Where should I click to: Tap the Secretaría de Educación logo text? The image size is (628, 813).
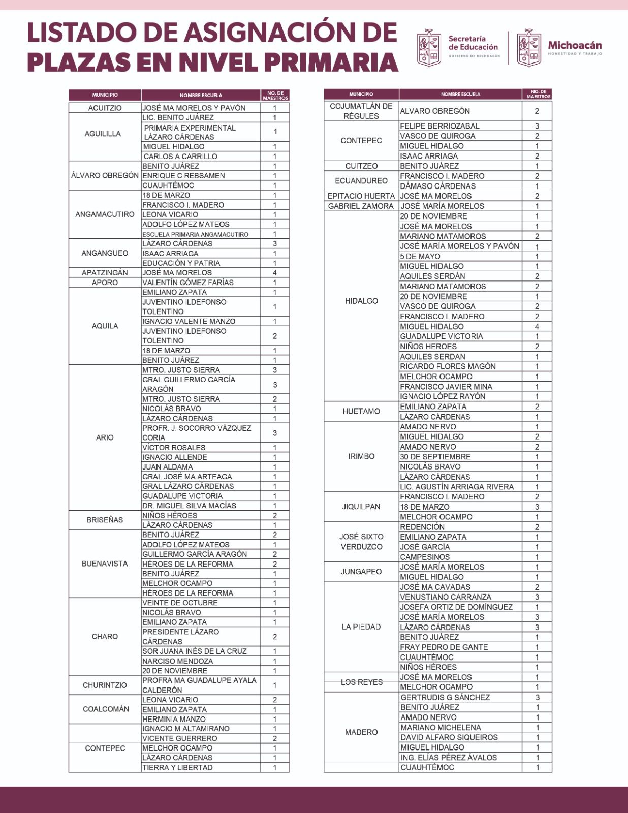[473, 43]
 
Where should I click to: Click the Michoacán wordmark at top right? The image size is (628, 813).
[575, 46]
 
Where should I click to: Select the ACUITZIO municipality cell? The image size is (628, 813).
[105, 108]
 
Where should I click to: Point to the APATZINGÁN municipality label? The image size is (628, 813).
[105, 273]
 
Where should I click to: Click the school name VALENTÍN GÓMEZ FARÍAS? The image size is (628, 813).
[188, 283]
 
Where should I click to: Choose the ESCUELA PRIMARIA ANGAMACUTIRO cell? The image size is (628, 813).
[195, 234]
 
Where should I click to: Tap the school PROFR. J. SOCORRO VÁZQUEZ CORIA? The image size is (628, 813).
[197, 433]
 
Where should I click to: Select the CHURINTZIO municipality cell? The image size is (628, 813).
[105, 685]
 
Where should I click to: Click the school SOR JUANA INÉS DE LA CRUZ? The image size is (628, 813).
[194, 651]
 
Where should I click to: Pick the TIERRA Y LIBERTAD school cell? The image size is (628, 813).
[177, 768]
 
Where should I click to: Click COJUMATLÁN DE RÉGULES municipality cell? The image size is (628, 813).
[361, 111]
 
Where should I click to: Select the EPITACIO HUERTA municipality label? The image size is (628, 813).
[361, 196]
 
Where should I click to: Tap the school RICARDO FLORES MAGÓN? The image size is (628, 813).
[448, 366]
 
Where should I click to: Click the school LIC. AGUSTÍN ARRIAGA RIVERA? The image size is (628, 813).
[457, 487]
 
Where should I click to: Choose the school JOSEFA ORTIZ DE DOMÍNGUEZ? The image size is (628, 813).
[456, 607]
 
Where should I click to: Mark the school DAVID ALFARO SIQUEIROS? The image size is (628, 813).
[449, 737]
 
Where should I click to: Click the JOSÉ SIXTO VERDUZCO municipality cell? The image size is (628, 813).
[361, 542]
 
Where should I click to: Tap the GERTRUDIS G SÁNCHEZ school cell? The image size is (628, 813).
[445, 698]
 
